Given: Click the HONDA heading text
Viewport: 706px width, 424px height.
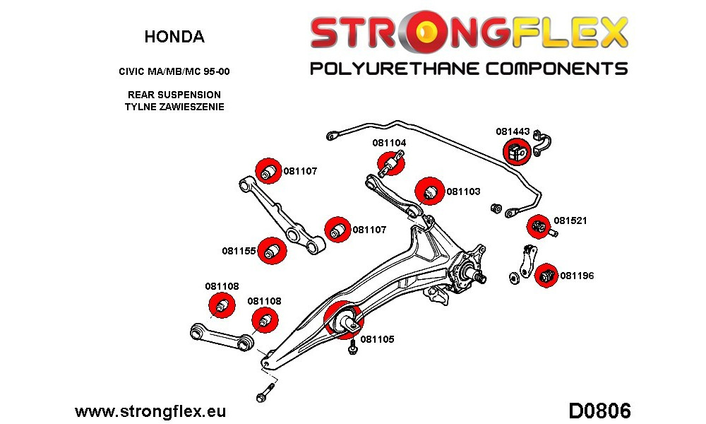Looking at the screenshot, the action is coord(174,37).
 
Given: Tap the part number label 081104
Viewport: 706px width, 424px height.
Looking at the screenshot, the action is coord(389,143).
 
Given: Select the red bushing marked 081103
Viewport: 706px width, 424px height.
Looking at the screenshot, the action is coord(429,191).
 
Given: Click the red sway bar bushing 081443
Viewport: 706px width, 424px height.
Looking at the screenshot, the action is coord(517,151).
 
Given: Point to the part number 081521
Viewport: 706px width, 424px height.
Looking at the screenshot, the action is coord(570,220).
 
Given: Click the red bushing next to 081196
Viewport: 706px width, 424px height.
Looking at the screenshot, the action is coord(546,275).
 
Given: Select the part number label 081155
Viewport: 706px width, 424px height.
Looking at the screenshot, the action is coord(239,251).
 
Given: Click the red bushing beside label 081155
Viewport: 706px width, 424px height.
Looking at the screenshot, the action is coord(272,251).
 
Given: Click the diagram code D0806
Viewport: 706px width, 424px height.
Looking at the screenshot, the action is coord(599,411).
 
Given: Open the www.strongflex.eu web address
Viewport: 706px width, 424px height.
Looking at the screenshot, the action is coord(150,411).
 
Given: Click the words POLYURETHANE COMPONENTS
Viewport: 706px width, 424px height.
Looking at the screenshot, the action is coord(469,69).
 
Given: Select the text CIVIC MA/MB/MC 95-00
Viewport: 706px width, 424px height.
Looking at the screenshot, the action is coord(174,71).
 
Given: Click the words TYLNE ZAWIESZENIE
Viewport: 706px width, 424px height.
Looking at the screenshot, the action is coord(174,107).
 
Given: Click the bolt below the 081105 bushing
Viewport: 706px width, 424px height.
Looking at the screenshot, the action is coord(353,346).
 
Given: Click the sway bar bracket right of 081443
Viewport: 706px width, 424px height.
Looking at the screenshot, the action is coord(542,143).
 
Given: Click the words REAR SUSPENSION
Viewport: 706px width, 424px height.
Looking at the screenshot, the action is coord(174,95).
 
